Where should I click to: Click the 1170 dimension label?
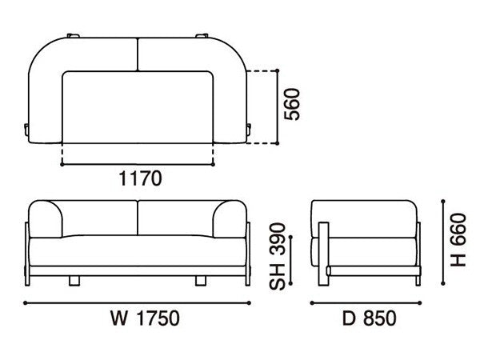(x=140, y=178)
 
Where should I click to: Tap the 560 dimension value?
(x=292, y=104)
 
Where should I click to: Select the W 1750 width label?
(x=145, y=318)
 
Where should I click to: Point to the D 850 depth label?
(x=369, y=318)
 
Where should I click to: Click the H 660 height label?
(x=458, y=240)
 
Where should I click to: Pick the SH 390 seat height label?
(x=278, y=257)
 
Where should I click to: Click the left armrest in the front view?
(x=46, y=219)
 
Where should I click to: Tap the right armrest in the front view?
(x=230, y=219)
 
